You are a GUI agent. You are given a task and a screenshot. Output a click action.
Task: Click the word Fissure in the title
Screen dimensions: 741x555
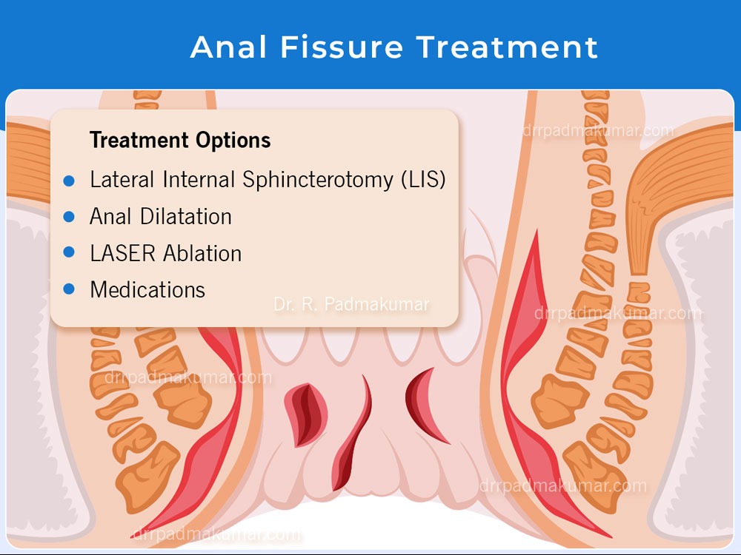tap(342, 47)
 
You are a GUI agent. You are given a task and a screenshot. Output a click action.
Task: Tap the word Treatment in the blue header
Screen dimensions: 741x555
tap(507, 47)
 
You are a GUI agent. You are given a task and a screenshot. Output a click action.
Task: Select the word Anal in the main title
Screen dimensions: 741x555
tap(229, 47)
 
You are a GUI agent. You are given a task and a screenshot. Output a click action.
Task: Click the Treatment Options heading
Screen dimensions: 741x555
tap(180, 140)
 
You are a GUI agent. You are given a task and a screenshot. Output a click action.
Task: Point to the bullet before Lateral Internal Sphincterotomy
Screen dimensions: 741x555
tap(69, 181)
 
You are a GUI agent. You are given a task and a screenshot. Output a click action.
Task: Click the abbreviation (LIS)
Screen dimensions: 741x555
tap(423, 180)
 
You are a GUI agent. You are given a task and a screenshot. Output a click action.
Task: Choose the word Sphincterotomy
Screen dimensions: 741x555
tap(318, 180)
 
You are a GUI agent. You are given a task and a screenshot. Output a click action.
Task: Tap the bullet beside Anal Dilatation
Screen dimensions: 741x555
tap(69, 217)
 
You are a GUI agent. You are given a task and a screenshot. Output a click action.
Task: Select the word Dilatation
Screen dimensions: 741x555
tap(186, 217)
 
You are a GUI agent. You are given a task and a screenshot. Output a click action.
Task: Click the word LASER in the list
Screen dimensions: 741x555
tap(122, 253)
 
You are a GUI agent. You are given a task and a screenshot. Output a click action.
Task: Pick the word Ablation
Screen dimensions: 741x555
tap(203, 253)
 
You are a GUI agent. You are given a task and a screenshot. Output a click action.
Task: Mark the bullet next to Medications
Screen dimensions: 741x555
tap(69, 289)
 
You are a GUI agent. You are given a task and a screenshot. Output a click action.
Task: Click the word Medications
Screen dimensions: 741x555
tap(147, 290)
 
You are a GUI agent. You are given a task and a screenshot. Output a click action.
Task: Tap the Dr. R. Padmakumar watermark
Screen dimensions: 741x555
tap(351, 304)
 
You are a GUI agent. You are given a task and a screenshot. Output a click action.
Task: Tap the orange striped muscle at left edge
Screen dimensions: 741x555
tap(28, 163)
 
